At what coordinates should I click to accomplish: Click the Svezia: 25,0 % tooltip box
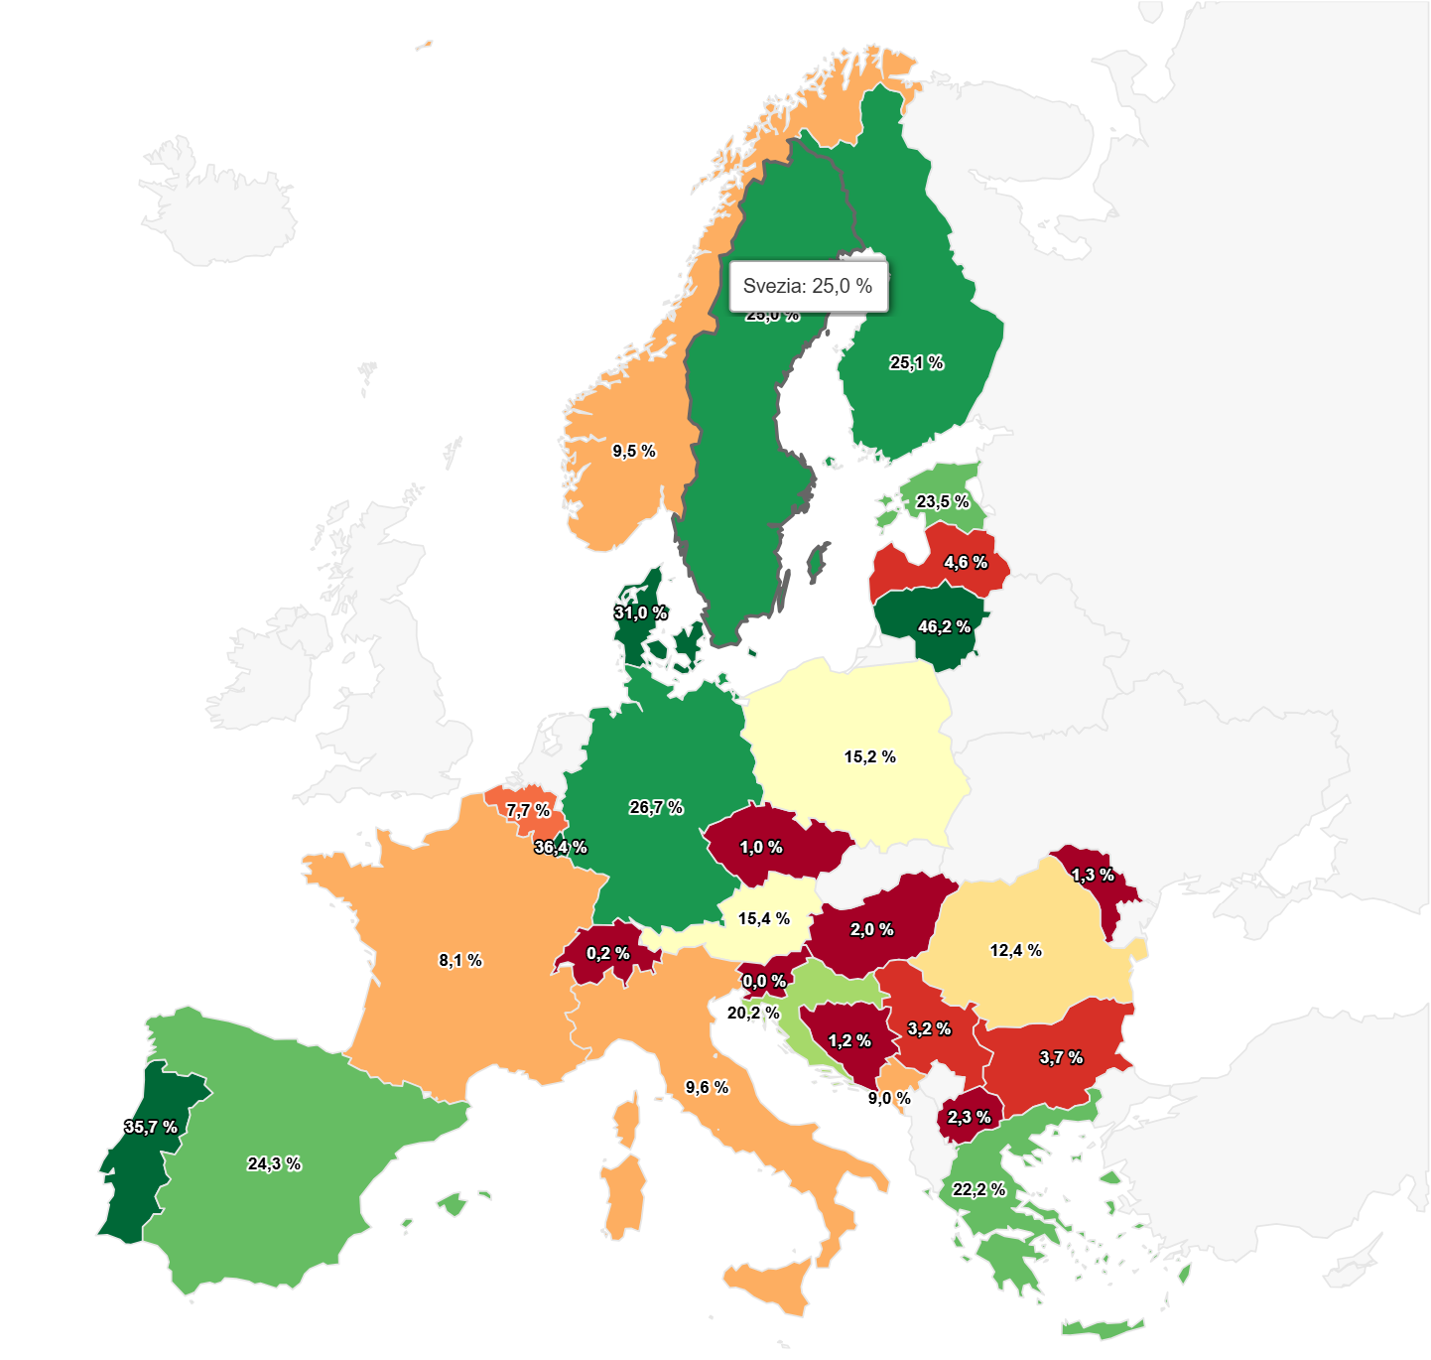(808, 287)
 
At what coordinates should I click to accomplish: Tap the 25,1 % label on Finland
(916, 363)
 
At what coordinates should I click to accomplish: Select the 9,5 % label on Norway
(634, 452)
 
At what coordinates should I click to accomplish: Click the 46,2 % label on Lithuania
(944, 627)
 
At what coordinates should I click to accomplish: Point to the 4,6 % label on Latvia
(966, 563)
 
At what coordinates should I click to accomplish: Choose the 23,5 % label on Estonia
(942, 502)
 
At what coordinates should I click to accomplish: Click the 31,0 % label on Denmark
(640, 613)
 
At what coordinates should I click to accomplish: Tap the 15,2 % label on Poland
(869, 757)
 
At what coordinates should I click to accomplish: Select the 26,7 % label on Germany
(656, 808)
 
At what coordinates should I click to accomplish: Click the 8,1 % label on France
(460, 961)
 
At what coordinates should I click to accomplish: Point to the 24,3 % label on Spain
(274, 1164)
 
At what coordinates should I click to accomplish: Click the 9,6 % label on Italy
(707, 1088)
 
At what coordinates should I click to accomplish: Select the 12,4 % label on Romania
(1015, 951)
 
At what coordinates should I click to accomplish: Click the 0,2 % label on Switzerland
(607, 954)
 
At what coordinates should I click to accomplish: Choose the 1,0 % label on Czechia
(761, 848)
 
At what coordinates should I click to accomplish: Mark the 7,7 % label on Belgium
(527, 811)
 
